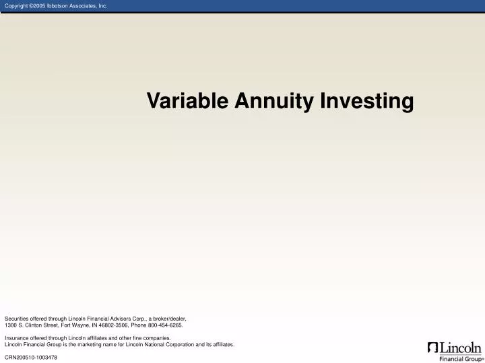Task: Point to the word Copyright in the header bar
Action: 18,6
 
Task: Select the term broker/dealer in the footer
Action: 168,318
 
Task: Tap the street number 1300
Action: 11,325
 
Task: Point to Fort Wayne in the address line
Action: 75,325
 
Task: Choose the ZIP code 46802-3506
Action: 113,325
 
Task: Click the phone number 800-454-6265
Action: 166,325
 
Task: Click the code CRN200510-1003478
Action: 31,357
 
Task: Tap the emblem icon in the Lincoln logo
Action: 432,348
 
